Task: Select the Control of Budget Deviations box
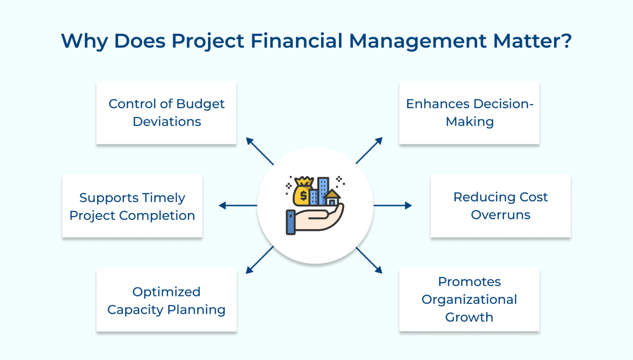tap(166, 113)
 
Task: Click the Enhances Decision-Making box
tap(469, 113)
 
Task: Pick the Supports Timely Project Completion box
tap(132, 206)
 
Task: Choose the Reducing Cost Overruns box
tap(500, 206)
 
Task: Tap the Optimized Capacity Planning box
tap(166, 300)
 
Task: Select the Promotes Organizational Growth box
tap(469, 300)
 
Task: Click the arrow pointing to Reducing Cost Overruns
tap(392, 206)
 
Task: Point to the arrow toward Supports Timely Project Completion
tap(238, 206)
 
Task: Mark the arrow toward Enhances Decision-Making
tap(369, 150)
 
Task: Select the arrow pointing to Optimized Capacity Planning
tap(260, 260)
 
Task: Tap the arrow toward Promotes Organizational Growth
tap(369, 260)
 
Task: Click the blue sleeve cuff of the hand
tap(290, 222)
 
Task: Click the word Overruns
tap(500, 215)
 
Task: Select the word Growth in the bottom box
tap(469, 317)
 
